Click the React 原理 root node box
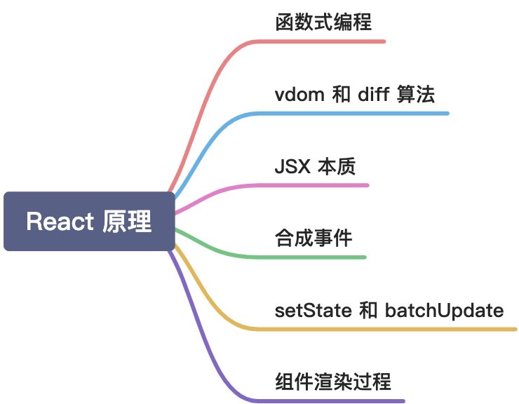click(x=89, y=222)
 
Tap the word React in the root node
click(x=60, y=222)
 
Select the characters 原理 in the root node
click(x=127, y=222)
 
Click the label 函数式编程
click(x=323, y=22)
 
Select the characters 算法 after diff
click(x=416, y=94)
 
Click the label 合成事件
click(x=313, y=238)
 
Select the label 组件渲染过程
click(x=332, y=382)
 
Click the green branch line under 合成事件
click(x=316, y=257)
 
